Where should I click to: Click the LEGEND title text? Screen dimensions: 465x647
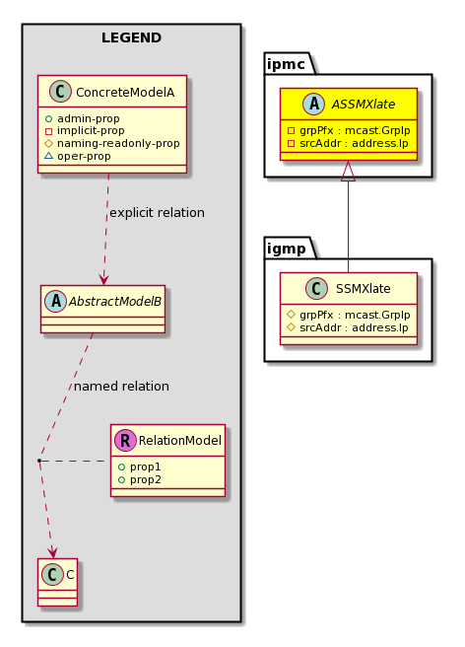(131, 37)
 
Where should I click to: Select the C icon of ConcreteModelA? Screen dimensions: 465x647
(61, 92)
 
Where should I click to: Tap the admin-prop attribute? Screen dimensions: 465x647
(89, 118)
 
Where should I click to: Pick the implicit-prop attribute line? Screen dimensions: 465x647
(91, 131)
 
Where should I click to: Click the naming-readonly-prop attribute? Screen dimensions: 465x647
(118, 144)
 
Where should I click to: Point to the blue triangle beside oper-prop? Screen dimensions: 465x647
(48, 156)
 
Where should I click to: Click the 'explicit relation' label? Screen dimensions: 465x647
(157, 213)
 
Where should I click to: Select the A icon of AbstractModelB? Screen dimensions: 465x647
(56, 301)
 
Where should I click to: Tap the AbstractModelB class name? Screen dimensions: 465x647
(115, 302)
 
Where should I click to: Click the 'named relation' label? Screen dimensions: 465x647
(121, 387)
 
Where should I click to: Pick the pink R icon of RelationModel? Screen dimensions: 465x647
(125, 440)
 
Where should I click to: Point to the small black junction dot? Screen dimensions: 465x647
(39, 460)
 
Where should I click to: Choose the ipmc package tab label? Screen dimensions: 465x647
(286, 64)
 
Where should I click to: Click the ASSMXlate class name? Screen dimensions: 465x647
(364, 104)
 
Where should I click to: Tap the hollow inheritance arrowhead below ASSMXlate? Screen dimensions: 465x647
(349, 171)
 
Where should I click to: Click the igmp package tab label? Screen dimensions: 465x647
(287, 249)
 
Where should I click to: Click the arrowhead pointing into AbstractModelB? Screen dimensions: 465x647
(103, 279)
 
